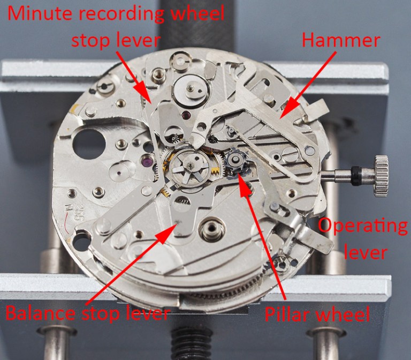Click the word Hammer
pyautogui.click(x=341, y=40)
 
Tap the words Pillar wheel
pyautogui.click(x=317, y=313)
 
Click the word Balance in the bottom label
pyautogui.click(x=41, y=313)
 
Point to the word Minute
pyautogui.click(x=40, y=13)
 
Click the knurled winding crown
pyautogui.click(x=381, y=176)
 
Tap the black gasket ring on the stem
pyautogui.click(x=356, y=176)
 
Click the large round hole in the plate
pyautogui.click(x=89, y=144)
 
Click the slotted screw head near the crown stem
pyautogui.click(x=288, y=152)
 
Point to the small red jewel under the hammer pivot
pyautogui.click(x=186, y=115)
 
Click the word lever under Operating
pyautogui.click(x=366, y=252)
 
